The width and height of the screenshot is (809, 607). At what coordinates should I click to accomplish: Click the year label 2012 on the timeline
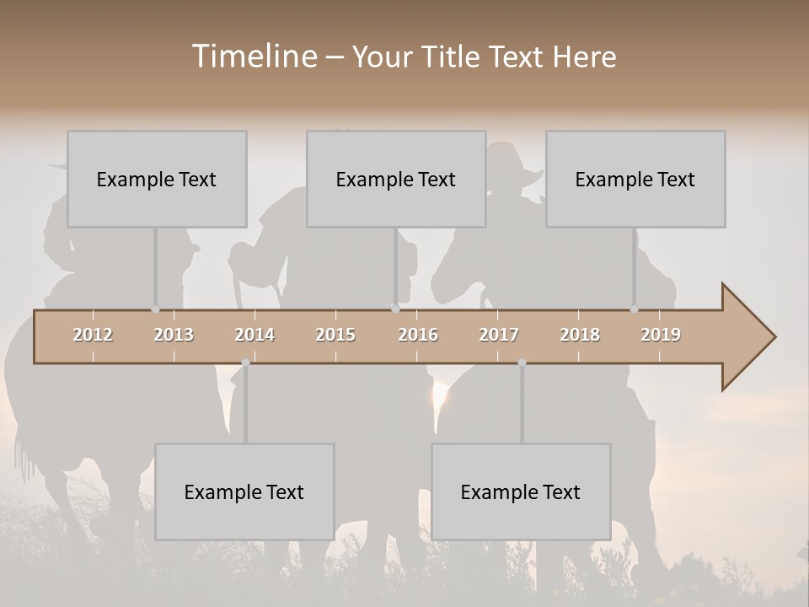[x=93, y=335]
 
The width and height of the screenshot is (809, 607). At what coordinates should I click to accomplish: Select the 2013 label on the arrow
[x=174, y=335]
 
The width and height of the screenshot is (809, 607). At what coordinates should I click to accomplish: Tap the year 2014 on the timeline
[x=254, y=335]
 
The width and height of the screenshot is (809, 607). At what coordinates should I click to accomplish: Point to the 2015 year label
[x=335, y=335]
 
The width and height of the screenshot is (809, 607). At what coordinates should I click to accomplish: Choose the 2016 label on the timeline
[x=418, y=335]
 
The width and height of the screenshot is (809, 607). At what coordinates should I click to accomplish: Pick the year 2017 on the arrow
[x=499, y=335]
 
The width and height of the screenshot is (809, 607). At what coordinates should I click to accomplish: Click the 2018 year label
[x=580, y=335]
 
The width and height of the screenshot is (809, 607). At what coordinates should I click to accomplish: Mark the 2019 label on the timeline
[x=661, y=335]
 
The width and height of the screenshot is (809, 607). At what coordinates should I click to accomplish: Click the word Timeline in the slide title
[x=253, y=56]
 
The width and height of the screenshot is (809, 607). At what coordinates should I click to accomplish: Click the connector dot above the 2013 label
[x=155, y=309]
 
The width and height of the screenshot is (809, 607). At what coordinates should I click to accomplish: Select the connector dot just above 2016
[x=395, y=309]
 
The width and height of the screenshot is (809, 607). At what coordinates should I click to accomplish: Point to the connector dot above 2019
[x=634, y=309]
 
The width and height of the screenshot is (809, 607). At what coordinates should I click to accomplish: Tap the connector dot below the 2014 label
[x=245, y=363]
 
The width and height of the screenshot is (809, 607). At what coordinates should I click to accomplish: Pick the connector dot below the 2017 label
[x=522, y=363]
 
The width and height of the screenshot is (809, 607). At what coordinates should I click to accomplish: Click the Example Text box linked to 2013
[x=157, y=179]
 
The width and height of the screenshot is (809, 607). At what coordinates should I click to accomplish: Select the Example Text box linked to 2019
[x=635, y=179]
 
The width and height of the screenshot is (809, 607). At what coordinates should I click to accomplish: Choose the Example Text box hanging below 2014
[x=244, y=492]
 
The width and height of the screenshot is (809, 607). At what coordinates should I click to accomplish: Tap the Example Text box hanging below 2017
[x=521, y=492]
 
